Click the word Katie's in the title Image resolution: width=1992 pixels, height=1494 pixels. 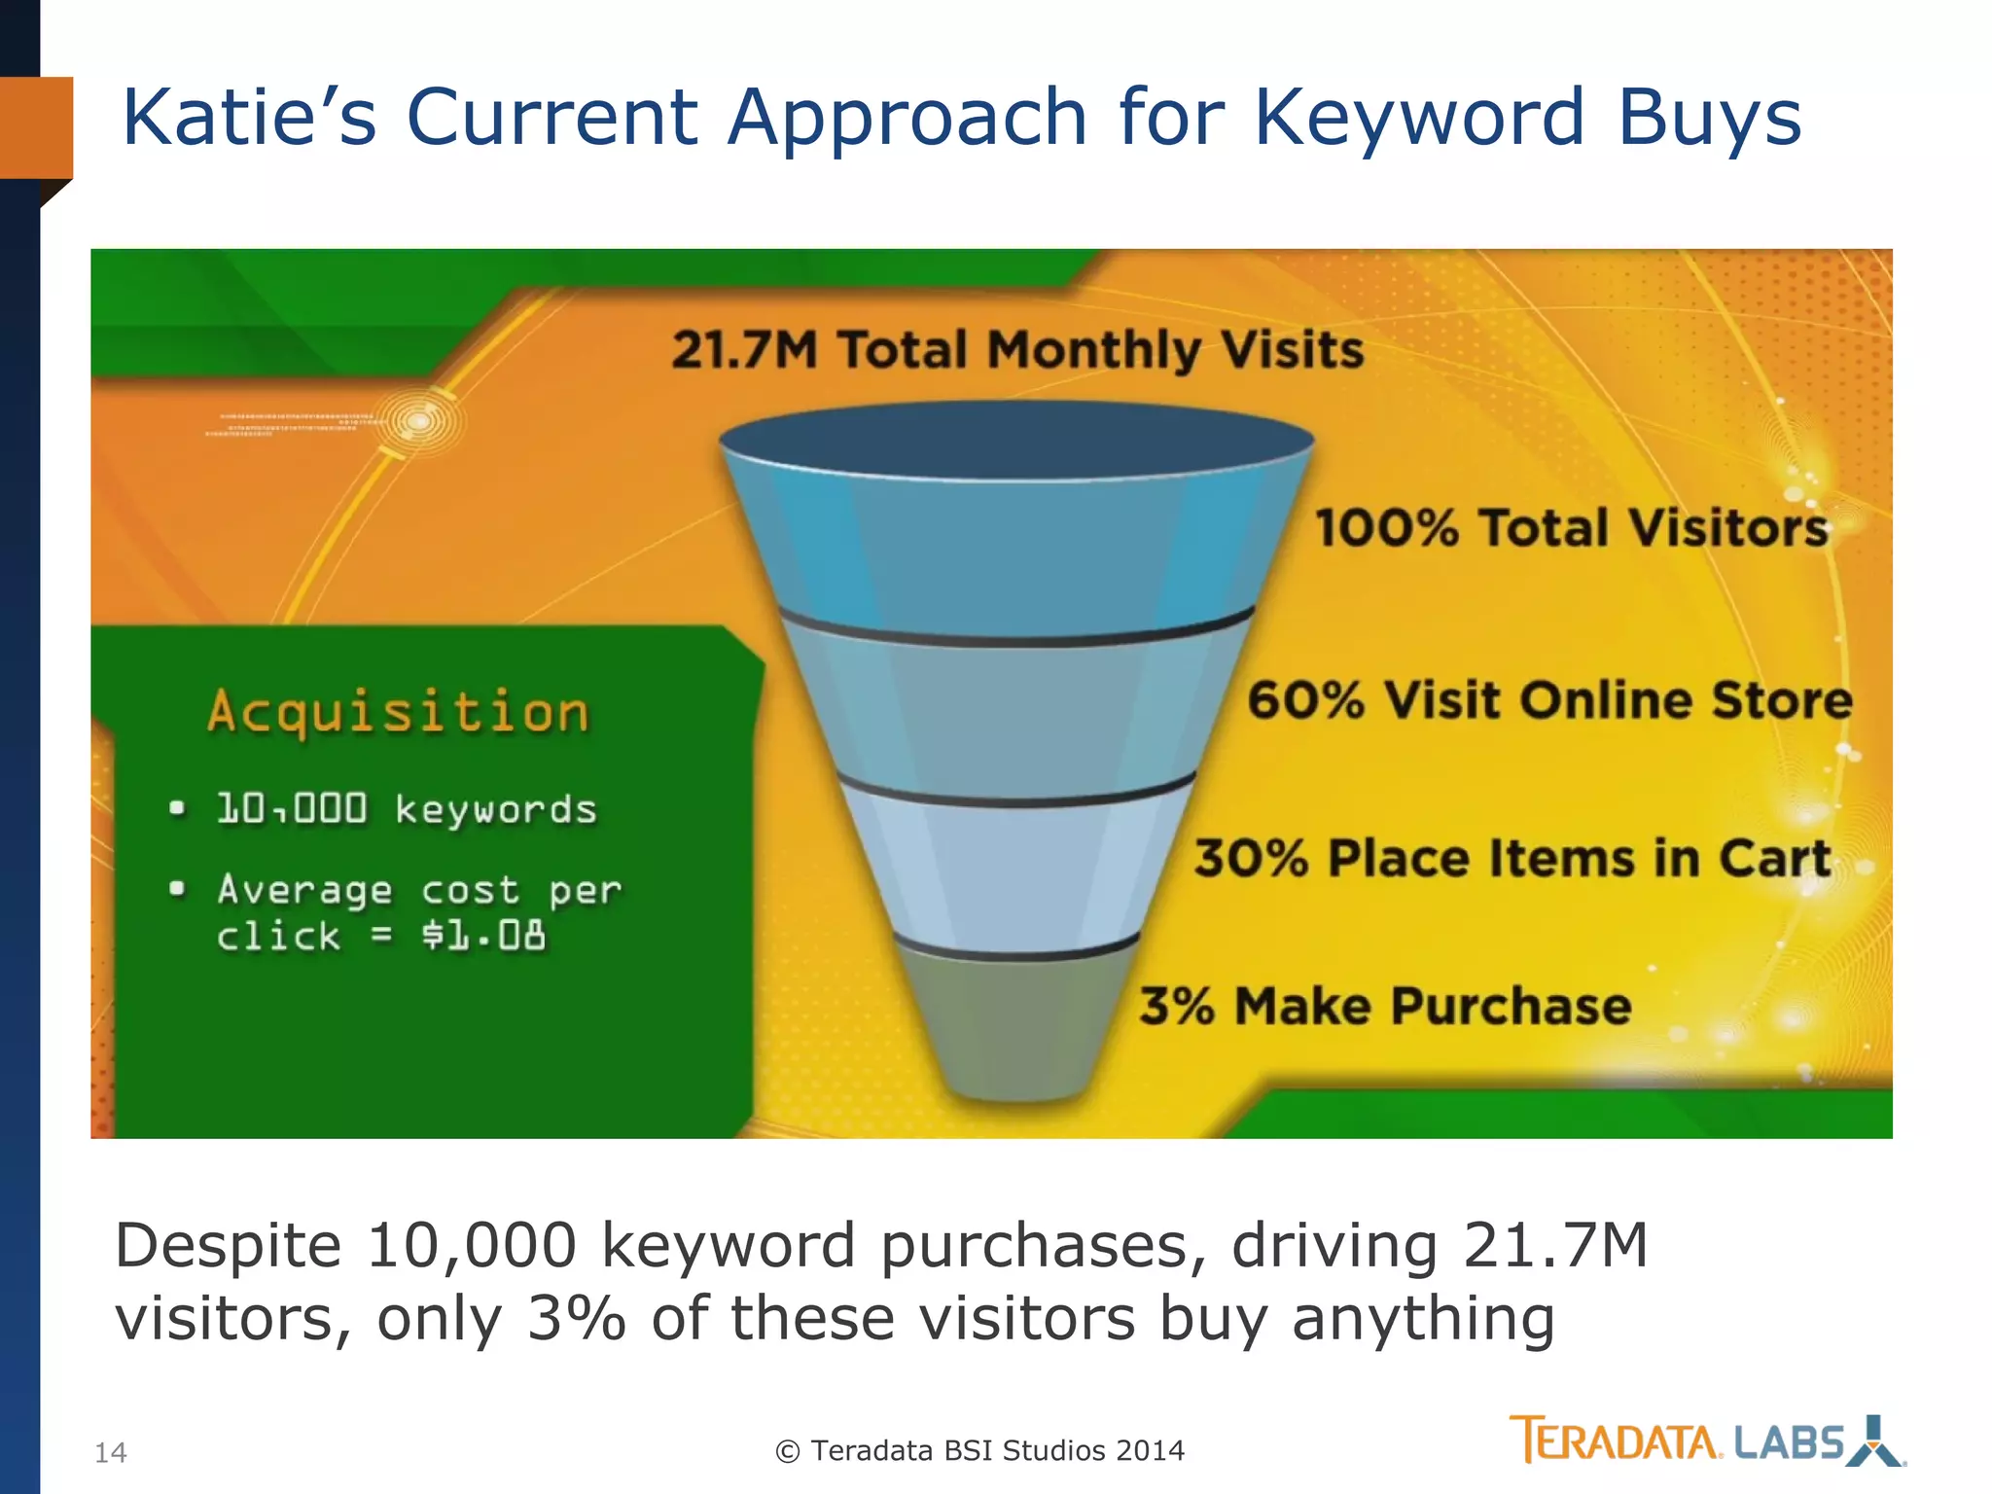click(x=248, y=118)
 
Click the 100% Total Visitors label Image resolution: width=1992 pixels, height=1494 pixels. click(x=1571, y=528)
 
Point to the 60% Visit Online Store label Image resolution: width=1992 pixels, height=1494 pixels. click(x=1549, y=700)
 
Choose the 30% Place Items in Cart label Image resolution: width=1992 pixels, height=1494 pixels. click(x=1512, y=859)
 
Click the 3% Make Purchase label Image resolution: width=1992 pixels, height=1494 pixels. click(x=1385, y=1006)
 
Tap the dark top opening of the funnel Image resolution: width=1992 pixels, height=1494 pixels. click(x=1016, y=440)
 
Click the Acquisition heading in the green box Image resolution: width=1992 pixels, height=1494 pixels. click(x=399, y=711)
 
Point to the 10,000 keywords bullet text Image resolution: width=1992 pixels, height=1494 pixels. click(x=407, y=809)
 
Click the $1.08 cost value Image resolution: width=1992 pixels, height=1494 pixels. click(x=483, y=936)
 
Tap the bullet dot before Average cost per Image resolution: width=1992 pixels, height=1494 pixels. click(x=177, y=888)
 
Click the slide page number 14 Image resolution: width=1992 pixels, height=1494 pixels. click(x=111, y=1453)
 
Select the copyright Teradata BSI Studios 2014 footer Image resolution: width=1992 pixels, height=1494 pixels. click(x=980, y=1450)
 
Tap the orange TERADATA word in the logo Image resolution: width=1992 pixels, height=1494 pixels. click(x=1615, y=1441)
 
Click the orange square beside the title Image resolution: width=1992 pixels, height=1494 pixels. click(x=36, y=127)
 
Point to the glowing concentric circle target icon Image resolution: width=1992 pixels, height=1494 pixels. click(x=419, y=421)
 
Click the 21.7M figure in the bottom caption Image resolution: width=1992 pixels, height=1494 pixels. click(x=1555, y=1246)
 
